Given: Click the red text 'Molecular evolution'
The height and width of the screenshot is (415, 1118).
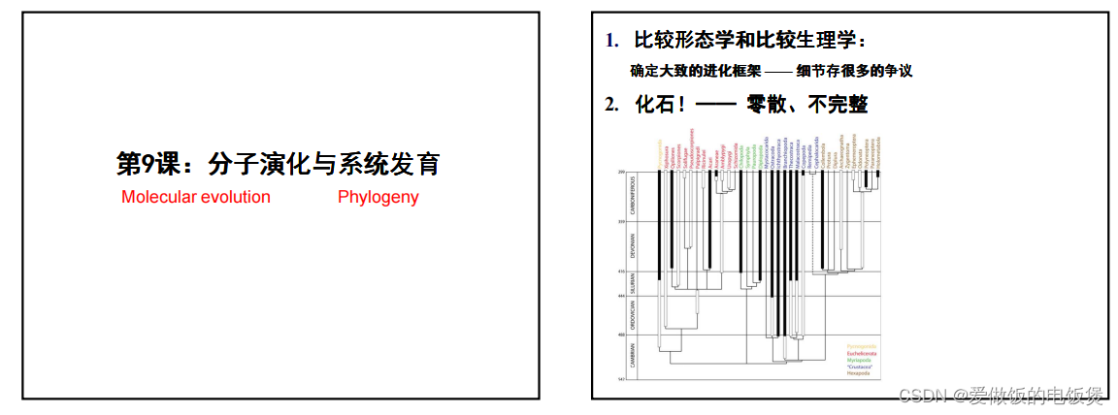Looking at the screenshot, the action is pos(196,197).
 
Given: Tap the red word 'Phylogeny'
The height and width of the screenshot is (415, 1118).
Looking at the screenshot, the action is pos(378,197).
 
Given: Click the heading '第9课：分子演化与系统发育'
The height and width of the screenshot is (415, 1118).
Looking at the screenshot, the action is pos(279,164).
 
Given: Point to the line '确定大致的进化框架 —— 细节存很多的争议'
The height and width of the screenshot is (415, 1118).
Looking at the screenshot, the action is pos(771,71).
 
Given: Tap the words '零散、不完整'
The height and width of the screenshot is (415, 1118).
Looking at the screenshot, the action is pos(806,104).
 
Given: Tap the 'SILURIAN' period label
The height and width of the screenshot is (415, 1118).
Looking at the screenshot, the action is pos(629,283).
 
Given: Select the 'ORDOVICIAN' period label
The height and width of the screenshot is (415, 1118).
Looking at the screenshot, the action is pos(629,315).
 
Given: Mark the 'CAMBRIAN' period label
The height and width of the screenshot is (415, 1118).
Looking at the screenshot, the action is pos(629,358).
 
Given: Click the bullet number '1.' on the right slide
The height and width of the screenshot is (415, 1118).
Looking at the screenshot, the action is pos(611,42).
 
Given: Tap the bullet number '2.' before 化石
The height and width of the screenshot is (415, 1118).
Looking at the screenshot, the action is pos(611,105).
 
